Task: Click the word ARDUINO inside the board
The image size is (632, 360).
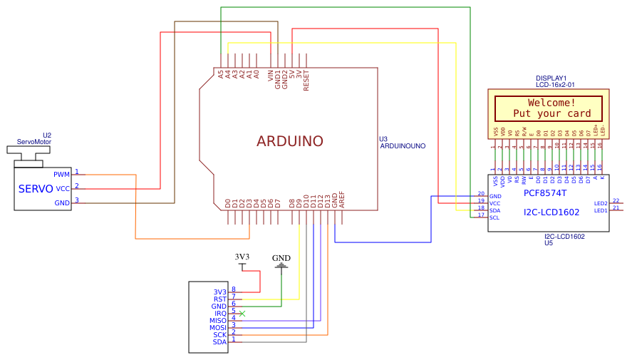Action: [289, 141]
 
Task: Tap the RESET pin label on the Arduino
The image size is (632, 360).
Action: [306, 81]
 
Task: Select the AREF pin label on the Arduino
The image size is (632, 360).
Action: [342, 200]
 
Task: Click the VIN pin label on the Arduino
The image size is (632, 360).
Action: [271, 76]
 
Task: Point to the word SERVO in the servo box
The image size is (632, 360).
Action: [36, 189]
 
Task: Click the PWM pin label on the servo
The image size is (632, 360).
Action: [62, 174]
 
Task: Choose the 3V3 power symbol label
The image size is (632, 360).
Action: [242, 257]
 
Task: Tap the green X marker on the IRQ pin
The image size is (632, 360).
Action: [242, 314]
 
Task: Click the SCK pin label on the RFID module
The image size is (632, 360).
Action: [219, 335]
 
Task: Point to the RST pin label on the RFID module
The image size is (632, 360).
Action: [219, 299]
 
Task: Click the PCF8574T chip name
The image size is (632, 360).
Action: [545, 193]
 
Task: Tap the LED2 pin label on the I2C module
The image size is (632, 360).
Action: [601, 203]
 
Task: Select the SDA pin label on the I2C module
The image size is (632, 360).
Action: [494, 210]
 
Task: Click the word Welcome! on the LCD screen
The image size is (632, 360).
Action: [551, 103]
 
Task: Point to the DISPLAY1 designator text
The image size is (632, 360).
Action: [551, 78]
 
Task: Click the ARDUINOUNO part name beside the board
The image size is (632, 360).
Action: [403, 145]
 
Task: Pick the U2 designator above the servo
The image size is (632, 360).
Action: [47, 135]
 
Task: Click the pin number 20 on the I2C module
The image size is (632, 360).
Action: [481, 193]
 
